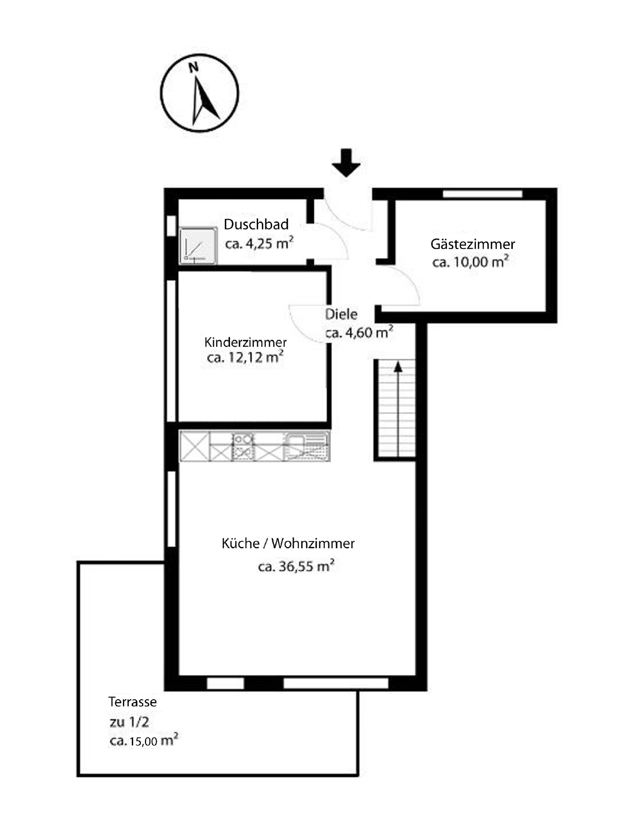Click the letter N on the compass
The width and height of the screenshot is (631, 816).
click(x=193, y=67)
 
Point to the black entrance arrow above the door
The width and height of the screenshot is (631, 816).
click(x=346, y=163)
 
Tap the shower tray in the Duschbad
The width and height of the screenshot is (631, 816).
click(x=198, y=246)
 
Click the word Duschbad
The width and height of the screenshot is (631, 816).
click(x=256, y=224)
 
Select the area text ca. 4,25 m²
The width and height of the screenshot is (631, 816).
click(x=259, y=244)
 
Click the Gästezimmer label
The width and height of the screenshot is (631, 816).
click(x=472, y=244)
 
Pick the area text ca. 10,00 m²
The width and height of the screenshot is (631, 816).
click(x=470, y=262)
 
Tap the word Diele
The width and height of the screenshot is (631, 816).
click(x=341, y=314)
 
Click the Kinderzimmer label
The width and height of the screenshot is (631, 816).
click(x=245, y=342)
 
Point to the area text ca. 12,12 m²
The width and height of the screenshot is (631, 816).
click(x=245, y=357)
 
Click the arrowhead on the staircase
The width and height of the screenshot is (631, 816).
click(x=398, y=367)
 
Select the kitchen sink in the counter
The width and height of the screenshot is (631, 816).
click(x=306, y=446)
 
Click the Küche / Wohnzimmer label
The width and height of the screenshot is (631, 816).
click(x=288, y=544)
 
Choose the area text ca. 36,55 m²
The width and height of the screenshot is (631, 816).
click(x=296, y=567)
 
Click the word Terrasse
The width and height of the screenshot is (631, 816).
click(x=132, y=702)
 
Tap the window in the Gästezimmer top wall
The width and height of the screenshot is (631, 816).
click(x=482, y=194)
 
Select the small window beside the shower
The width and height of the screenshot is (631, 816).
click(x=171, y=226)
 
